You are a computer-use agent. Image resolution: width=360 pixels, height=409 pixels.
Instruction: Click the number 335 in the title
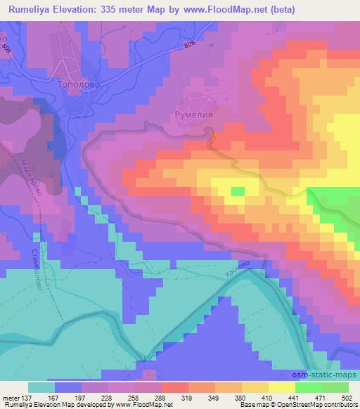point(106,9)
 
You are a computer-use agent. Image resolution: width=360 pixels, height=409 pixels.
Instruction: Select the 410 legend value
point(257,397)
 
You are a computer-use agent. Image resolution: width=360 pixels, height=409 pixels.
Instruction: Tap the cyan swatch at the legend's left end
point(41,387)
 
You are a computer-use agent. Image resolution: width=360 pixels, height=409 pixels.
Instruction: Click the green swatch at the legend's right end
point(335,387)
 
